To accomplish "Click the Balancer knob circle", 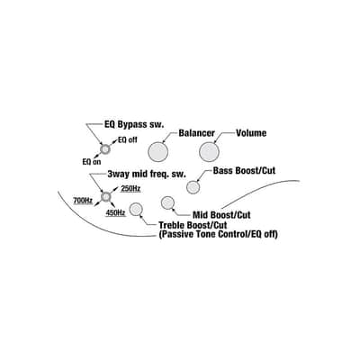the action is click(157, 152).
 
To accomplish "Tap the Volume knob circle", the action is click(209, 152).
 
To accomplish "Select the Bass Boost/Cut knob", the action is click(193, 187).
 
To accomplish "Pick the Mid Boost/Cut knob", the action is click(167, 202).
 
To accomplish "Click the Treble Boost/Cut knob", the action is click(136, 209).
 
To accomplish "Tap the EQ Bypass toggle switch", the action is click(105, 148).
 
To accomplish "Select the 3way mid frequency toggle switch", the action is click(105, 196).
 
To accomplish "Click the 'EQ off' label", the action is click(128, 140).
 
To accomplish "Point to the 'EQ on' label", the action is click(92, 162).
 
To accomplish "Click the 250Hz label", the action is click(130, 189).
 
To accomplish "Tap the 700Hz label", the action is click(83, 201).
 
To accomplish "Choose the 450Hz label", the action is click(115, 212).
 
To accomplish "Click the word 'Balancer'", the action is click(197, 133).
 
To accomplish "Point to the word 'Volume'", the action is click(251, 133).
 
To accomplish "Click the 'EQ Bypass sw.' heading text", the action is click(134, 124).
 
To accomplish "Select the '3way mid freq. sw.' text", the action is click(147, 174).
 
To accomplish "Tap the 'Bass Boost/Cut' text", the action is click(244, 171).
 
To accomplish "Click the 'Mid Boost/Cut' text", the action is click(221, 215).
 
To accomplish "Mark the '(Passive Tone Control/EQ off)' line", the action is click(218, 234).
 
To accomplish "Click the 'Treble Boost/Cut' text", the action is click(193, 225).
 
